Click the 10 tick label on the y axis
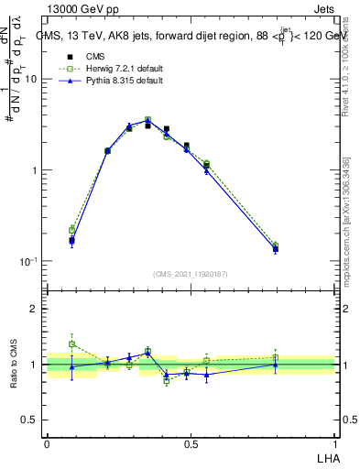[29, 80]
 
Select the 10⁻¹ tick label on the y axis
[27, 261]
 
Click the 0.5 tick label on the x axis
[191, 443]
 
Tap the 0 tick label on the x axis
[47, 443]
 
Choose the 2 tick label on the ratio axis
[34, 309]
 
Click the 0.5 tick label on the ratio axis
[29, 420]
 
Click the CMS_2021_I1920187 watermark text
[191, 273]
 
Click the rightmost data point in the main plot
[276, 248]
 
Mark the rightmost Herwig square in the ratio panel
[276, 357]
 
